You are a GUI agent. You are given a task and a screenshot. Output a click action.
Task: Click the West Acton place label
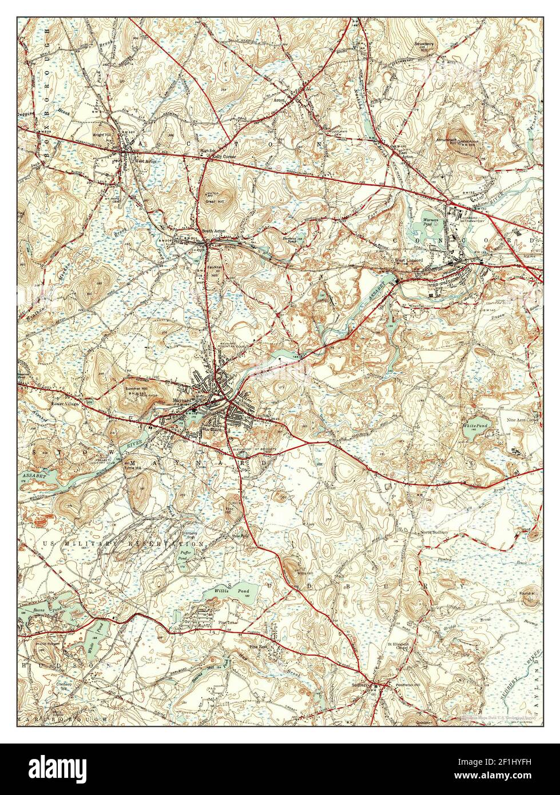[x=145, y=161]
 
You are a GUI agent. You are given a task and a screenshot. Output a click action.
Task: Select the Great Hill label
[x=214, y=201]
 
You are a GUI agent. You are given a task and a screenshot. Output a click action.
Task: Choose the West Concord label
[x=408, y=261]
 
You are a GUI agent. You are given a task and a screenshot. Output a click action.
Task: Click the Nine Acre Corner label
[x=523, y=420]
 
